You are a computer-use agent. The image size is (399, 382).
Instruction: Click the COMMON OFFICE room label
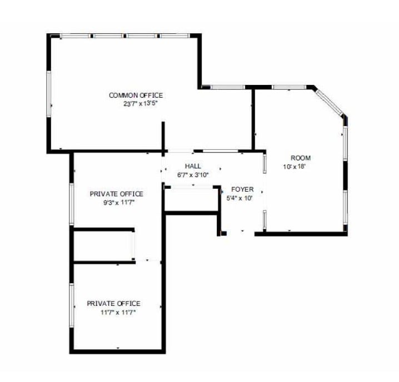coord(136,95)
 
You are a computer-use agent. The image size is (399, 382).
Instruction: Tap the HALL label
coord(193,166)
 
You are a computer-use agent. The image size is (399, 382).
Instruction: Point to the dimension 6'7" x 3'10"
coord(192,175)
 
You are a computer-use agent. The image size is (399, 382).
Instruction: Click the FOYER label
coord(242,189)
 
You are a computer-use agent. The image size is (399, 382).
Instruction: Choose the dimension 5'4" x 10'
coord(240,198)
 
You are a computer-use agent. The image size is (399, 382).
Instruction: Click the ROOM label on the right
coord(301,158)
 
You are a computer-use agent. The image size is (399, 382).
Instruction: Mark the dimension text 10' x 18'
coord(295,166)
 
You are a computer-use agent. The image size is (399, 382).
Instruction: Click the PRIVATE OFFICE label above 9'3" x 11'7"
coord(116,194)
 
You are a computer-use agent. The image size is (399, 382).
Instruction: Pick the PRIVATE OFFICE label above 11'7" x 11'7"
coord(113,304)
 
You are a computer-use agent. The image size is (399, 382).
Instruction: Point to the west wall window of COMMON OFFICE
coord(49,94)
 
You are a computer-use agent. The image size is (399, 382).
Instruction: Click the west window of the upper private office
coord(72,204)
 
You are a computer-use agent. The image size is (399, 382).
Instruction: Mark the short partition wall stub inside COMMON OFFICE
coord(163,137)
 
